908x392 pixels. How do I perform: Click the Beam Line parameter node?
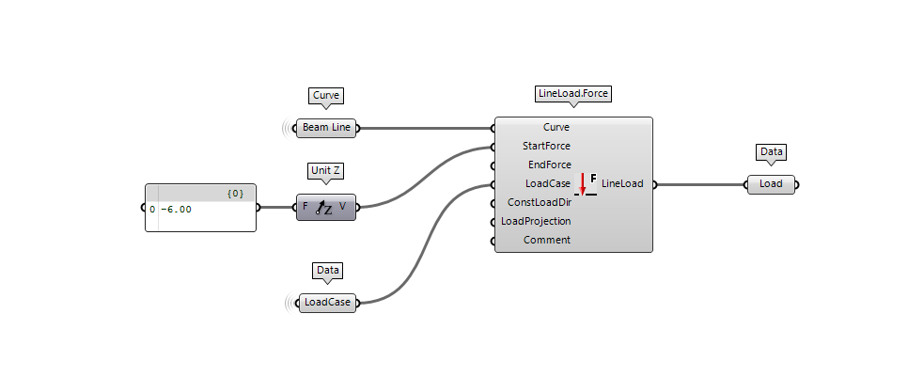tap(326, 128)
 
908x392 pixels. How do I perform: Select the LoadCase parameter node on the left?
tap(326, 303)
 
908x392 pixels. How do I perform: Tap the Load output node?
tap(771, 184)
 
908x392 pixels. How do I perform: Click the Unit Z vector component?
tap(326, 207)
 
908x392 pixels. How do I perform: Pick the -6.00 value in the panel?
tap(176, 210)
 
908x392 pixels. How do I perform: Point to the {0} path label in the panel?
tap(235, 193)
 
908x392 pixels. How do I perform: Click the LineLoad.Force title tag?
tap(573, 94)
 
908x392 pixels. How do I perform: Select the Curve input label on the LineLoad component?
tap(556, 127)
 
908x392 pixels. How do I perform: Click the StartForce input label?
tap(546, 146)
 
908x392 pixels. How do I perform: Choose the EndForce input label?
tap(549, 165)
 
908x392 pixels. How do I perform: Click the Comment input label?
tap(547, 240)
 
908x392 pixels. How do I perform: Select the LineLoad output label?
tap(622, 183)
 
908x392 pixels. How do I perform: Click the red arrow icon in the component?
tap(583, 182)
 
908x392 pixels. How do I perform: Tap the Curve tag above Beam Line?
tap(326, 95)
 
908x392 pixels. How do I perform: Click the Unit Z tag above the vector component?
tap(326, 171)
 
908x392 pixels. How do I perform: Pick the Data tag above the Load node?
tap(771, 151)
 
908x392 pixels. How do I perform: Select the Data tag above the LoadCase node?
tap(327, 270)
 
